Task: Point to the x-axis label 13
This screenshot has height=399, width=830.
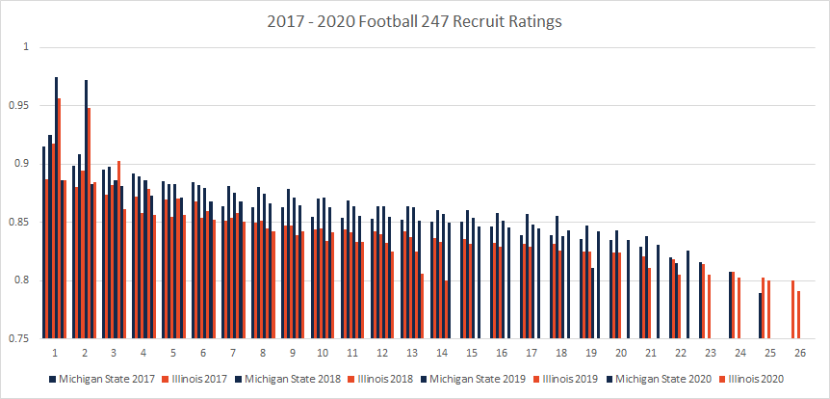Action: pos(412,353)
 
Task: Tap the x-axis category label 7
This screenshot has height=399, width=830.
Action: pos(232,353)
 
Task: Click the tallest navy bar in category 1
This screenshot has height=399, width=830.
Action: pos(56,207)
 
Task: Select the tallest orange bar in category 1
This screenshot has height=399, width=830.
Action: pos(59,218)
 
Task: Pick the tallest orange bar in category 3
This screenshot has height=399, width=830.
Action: pos(118,250)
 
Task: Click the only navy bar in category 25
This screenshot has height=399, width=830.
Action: pos(761,316)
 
